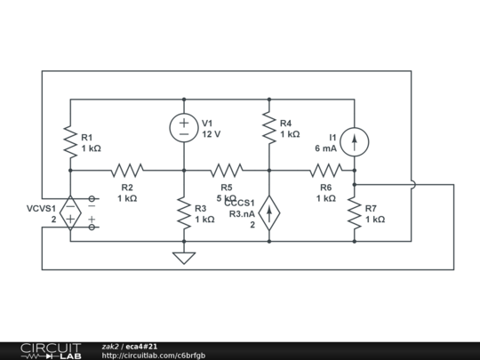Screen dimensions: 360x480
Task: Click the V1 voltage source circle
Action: click(184, 128)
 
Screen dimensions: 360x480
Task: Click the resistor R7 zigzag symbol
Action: click(355, 212)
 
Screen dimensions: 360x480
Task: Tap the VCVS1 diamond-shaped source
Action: click(70, 212)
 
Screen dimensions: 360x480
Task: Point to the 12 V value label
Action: click(211, 135)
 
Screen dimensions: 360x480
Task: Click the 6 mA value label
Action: click(325, 149)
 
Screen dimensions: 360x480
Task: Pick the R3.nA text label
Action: click(242, 214)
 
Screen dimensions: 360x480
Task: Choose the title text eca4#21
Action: click(141, 346)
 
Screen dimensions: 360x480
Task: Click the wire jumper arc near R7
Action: click(412, 185)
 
